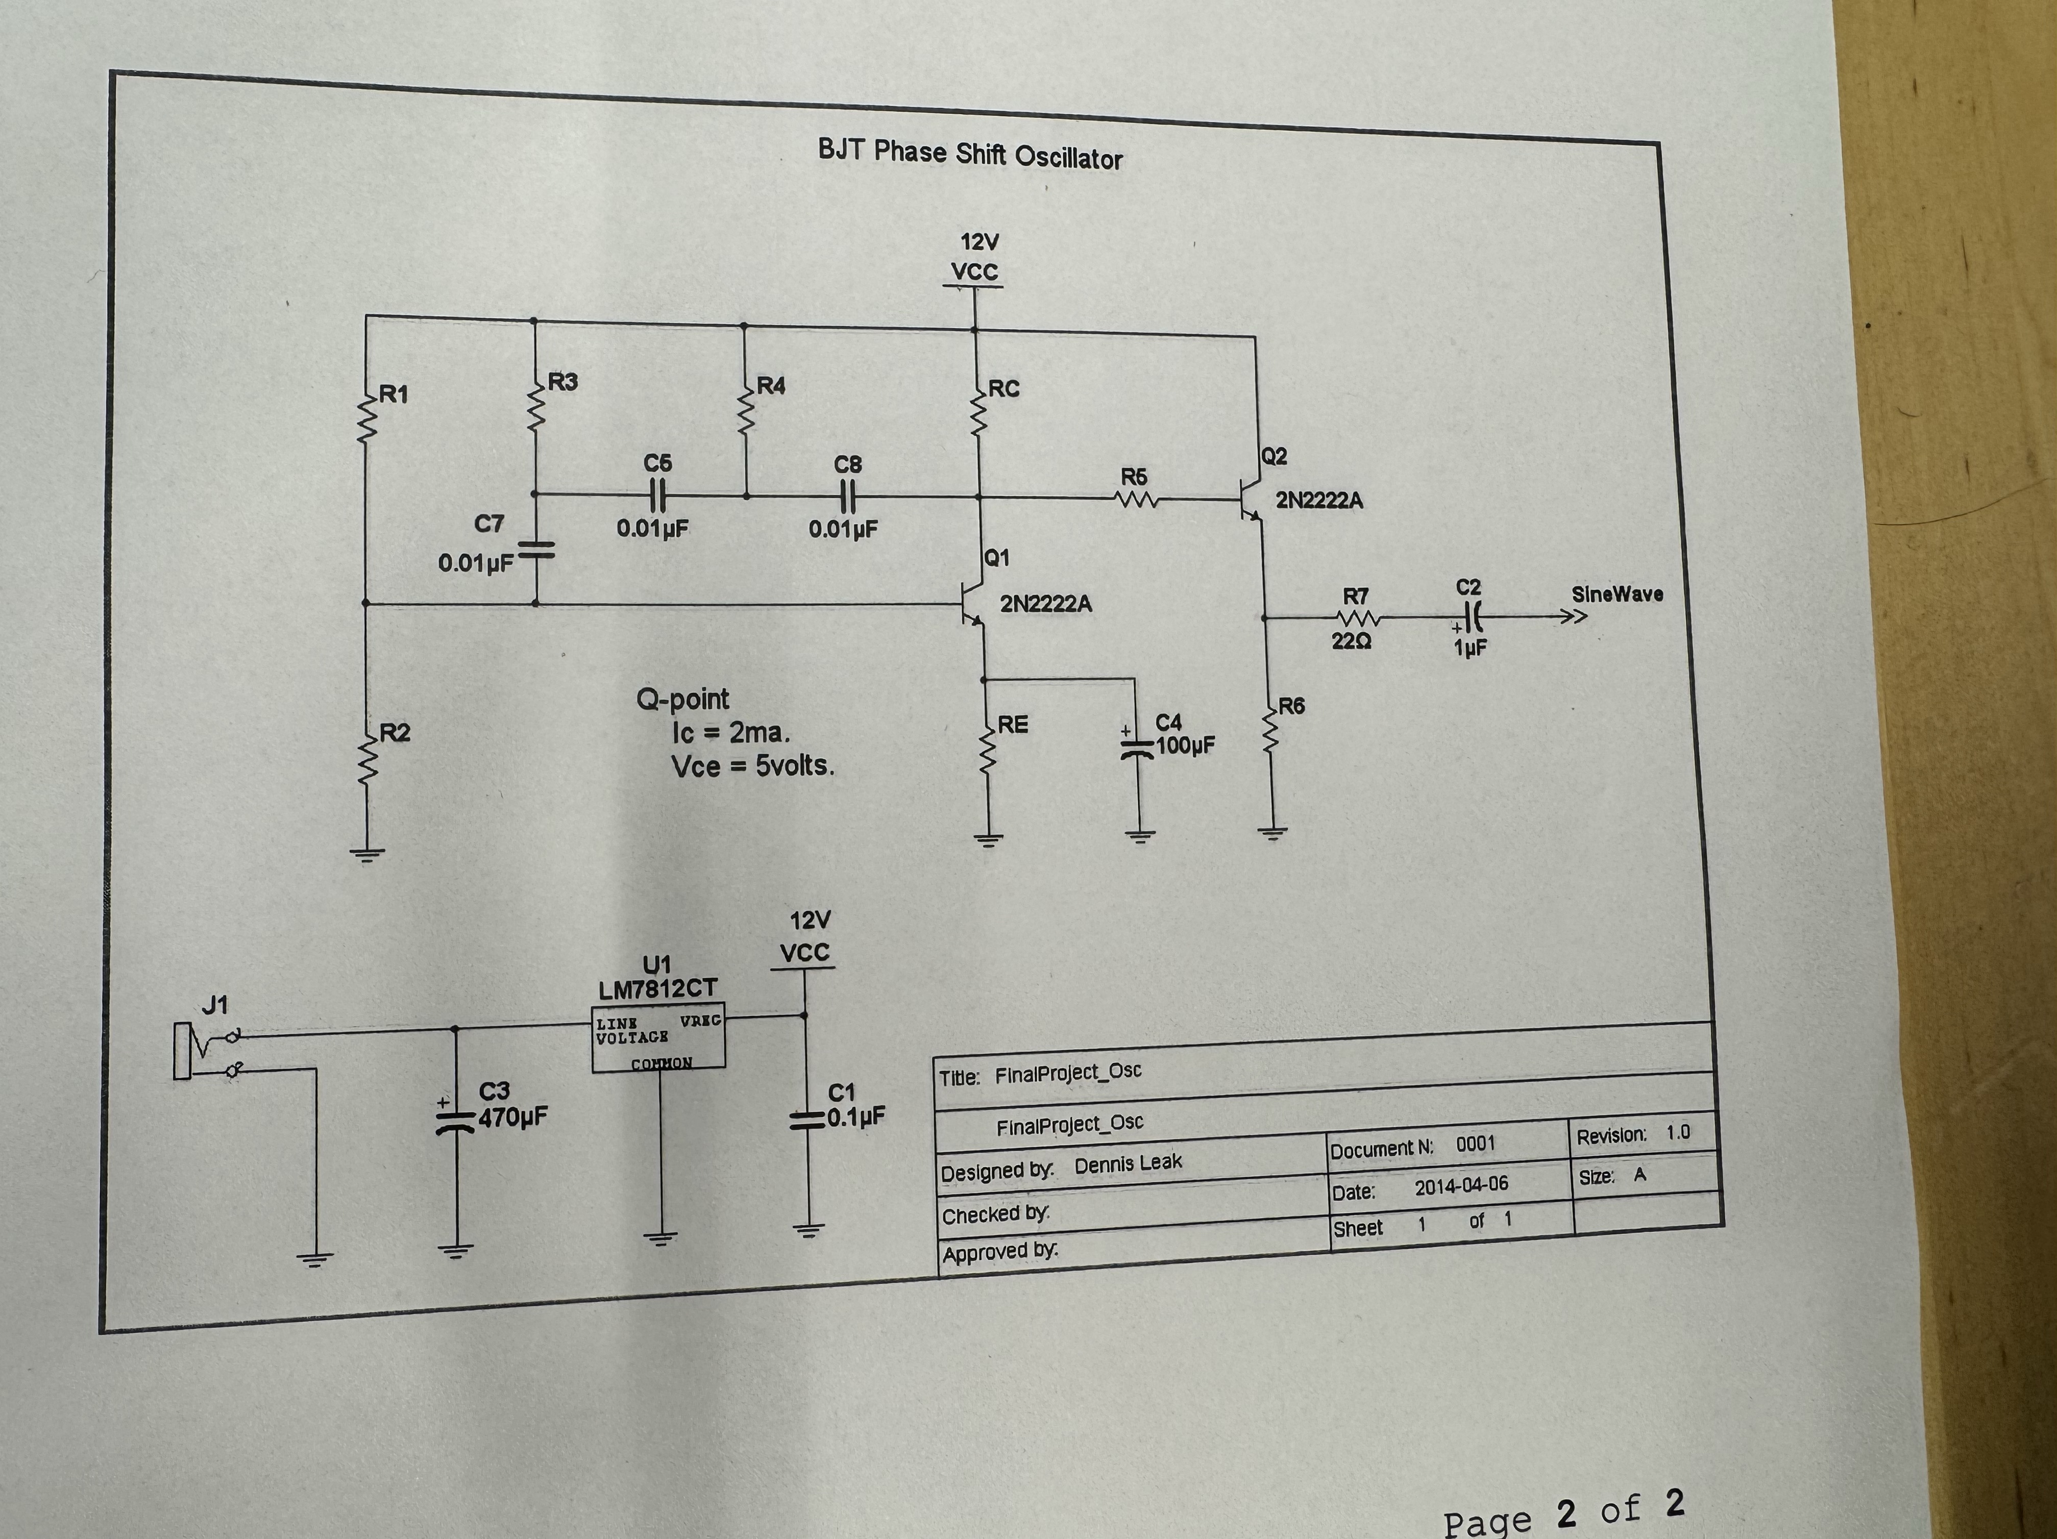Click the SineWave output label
[x=1616, y=594]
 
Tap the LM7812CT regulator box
[x=658, y=1038]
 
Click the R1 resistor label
[x=394, y=394]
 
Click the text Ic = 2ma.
[x=731, y=733]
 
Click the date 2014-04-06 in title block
[x=1461, y=1186]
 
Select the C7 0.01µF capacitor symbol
[x=535, y=551]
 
